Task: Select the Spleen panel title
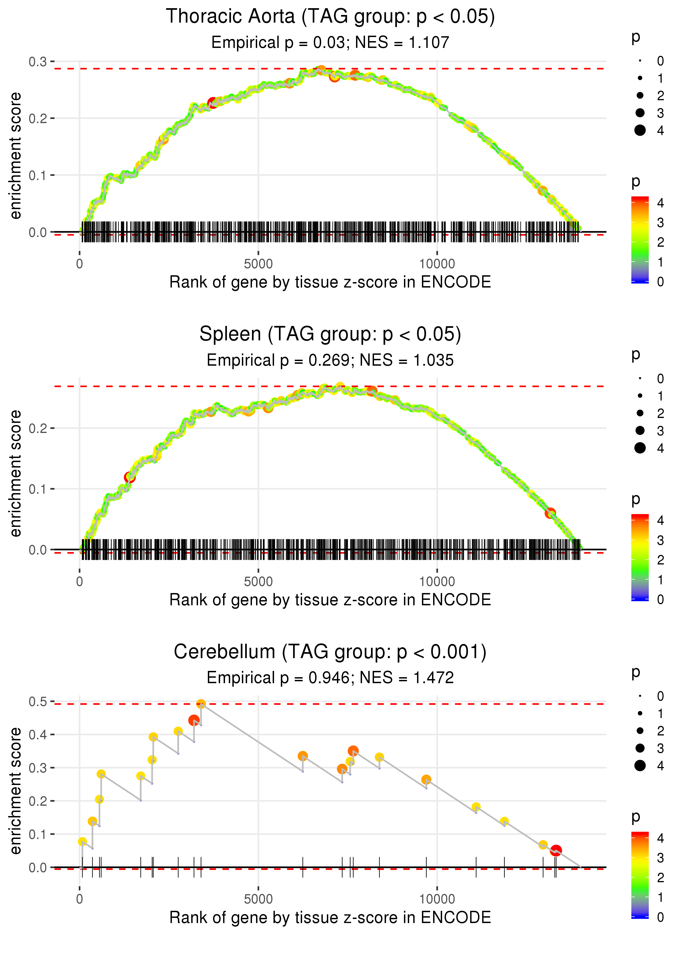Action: click(330, 334)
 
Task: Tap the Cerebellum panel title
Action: click(330, 652)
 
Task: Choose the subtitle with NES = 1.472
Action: click(330, 678)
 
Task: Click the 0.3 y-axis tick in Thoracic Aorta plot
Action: click(38, 62)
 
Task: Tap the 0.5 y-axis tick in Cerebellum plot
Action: click(38, 701)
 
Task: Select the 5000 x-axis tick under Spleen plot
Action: click(258, 581)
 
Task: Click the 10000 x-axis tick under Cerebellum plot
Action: click(437, 899)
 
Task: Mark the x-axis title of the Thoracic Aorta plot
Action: click(330, 282)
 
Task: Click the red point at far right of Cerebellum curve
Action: click(556, 850)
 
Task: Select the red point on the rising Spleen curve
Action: click(130, 477)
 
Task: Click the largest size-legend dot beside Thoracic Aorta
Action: click(640, 130)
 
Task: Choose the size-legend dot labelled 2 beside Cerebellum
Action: click(640, 731)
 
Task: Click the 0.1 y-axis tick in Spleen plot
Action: click(38, 489)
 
